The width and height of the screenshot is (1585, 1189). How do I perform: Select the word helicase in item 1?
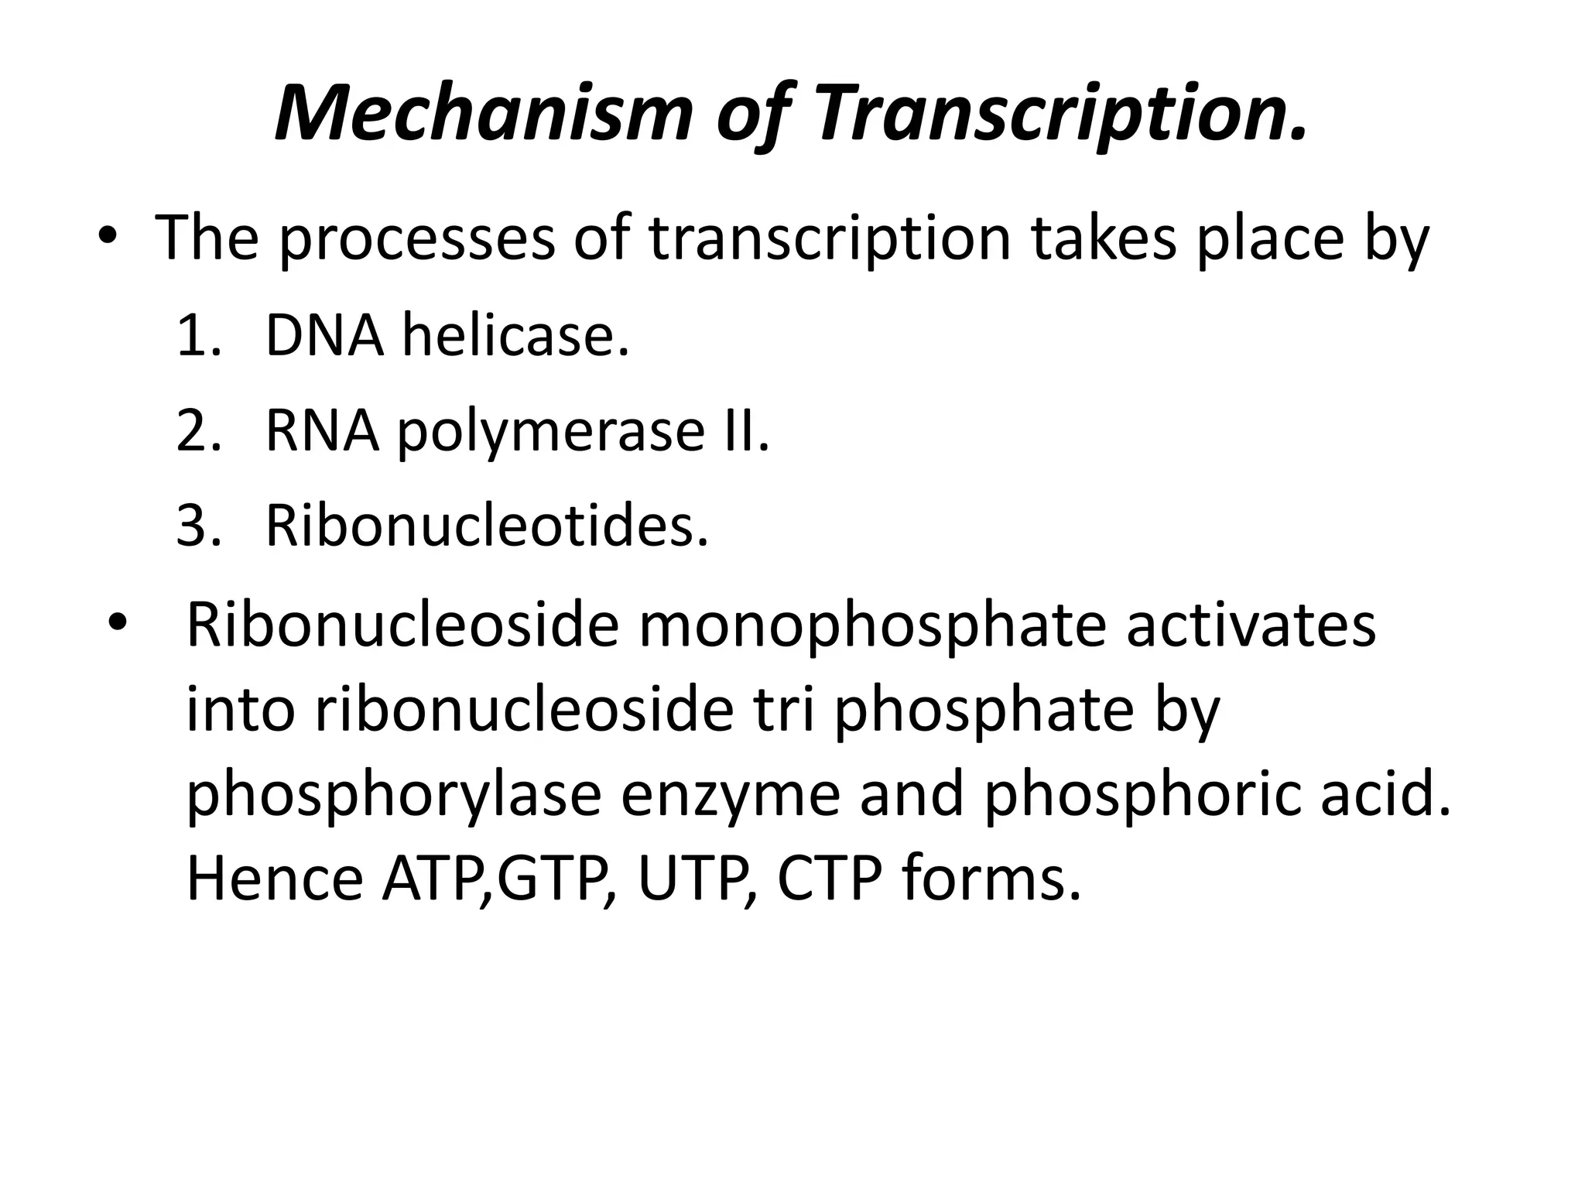515,337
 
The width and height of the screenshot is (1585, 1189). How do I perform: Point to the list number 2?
197,431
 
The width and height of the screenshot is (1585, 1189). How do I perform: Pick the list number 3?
197,526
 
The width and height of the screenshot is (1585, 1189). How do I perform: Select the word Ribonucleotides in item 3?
486,526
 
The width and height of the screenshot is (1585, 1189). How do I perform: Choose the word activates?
1251,624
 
